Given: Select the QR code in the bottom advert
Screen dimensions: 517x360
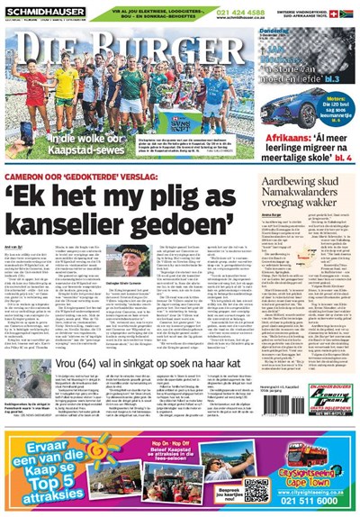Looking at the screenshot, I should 256,491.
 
